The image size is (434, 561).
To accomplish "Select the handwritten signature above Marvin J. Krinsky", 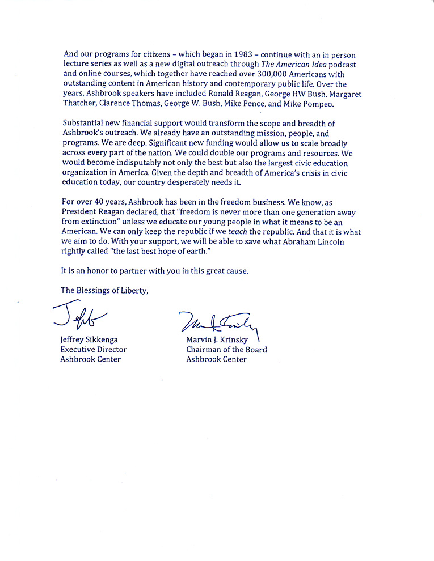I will tap(218, 325).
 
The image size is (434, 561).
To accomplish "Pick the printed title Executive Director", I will tap(94, 350).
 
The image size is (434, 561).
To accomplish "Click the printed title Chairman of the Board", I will tap(226, 350).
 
